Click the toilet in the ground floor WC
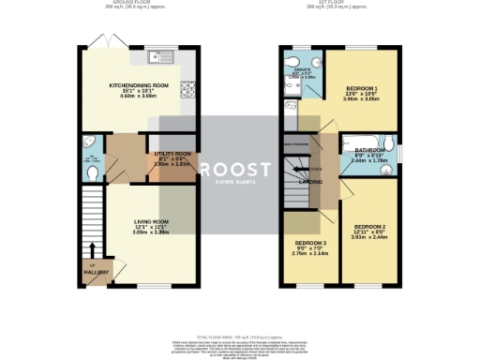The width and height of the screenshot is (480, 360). click(x=89, y=172)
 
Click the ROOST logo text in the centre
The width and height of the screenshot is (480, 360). click(x=240, y=169)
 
